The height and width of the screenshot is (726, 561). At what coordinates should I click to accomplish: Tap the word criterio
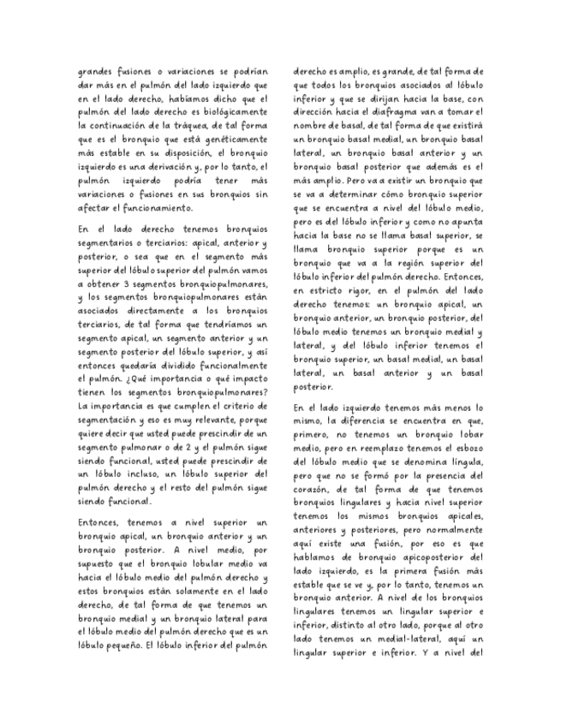coord(243,405)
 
